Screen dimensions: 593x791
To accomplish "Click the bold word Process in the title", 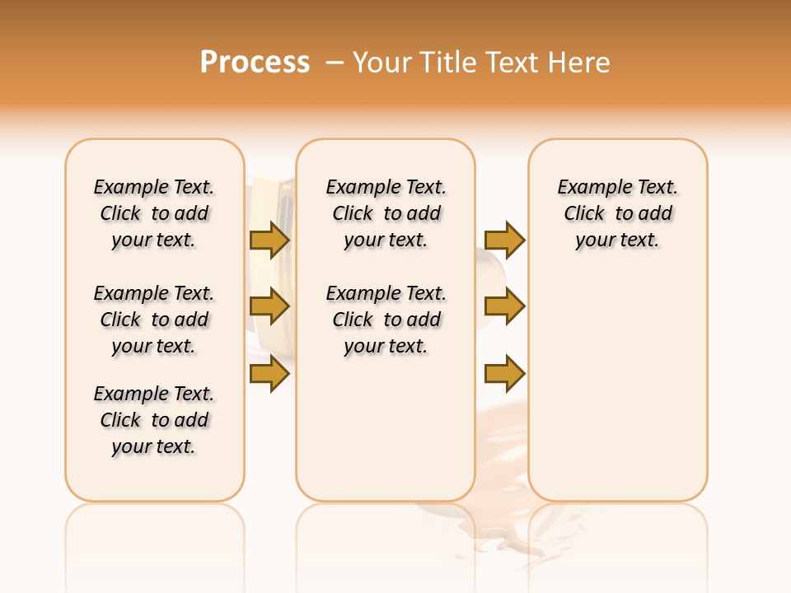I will coord(255,62).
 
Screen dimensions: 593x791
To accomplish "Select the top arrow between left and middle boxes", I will coord(269,240).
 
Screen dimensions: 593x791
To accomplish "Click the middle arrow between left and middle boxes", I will coord(269,306).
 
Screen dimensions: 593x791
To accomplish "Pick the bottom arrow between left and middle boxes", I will coord(269,375).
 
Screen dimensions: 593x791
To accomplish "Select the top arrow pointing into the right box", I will coord(504,240).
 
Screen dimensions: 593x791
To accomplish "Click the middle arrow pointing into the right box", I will coord(504,306).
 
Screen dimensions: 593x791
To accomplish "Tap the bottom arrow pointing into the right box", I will coord(504,375).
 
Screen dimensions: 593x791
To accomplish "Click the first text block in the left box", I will coord(154,213).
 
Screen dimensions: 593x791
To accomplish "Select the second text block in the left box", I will coord(154,320).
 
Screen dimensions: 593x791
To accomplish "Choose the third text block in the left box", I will coord(154,420).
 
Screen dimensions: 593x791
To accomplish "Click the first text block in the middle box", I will coord(386,213).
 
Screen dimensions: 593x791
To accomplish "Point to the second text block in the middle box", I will coord(386,320).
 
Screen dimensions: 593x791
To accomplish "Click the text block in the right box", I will coord(618,213).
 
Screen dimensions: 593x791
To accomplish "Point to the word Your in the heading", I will coord(382,62).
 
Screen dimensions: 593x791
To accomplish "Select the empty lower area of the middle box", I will coord(386,428).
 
